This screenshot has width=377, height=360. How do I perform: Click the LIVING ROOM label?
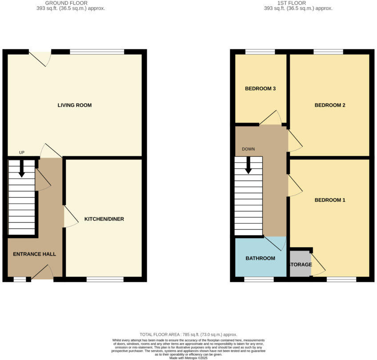pos(74,105)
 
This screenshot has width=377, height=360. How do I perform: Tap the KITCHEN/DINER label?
pos(104,219)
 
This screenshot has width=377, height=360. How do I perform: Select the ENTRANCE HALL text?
pos(34,254)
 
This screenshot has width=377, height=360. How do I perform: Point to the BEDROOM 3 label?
pos(261,89)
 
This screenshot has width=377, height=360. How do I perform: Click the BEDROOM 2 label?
pos(330,105)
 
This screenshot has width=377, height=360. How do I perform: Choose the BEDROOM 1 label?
pos(330,200)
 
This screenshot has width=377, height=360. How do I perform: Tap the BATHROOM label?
pos(260,258)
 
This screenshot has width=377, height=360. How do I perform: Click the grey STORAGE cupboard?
pos(300,264)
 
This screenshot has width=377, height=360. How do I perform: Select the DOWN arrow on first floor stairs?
pos(249,165)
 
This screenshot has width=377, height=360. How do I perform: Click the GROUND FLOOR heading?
pos(71,3)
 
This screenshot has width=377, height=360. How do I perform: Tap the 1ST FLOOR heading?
pos(298,3)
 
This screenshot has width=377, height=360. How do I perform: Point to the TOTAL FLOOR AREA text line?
pos(188,335)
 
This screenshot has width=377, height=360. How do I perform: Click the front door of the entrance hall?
pos(42,273)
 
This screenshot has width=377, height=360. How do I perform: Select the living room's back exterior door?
pos(40,58)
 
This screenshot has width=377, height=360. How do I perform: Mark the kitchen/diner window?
pos(105,279)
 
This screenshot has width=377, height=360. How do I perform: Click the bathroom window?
pos(259,279)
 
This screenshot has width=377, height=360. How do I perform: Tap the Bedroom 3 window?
pos(260,52)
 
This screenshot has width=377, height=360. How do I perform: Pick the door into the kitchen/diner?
pos(69,216)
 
